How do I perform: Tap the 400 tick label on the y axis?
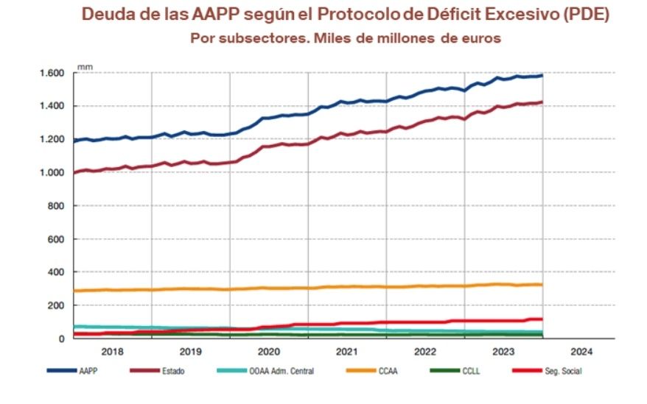(59, 272)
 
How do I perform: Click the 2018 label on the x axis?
(113, 352)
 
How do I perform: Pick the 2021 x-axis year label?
(346, 352)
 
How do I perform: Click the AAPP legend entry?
(87, 371)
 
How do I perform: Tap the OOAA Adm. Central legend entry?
(282, 371)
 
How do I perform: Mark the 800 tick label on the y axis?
(59, 206)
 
